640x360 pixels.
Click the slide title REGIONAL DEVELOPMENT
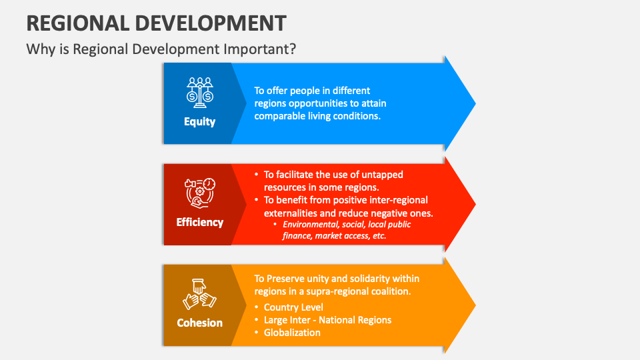[157, 22]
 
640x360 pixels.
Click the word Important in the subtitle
[263, 49]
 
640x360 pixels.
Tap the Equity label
[200, 122]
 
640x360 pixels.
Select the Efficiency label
[200, 222]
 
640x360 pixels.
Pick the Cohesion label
[200, 323]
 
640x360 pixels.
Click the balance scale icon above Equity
[200, 92]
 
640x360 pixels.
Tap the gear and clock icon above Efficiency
[200, 193]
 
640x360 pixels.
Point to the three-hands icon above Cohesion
[200, 293]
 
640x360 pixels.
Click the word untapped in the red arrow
[379, 175]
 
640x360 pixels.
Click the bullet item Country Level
[293, 307]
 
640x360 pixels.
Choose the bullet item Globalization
[292, 332]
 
